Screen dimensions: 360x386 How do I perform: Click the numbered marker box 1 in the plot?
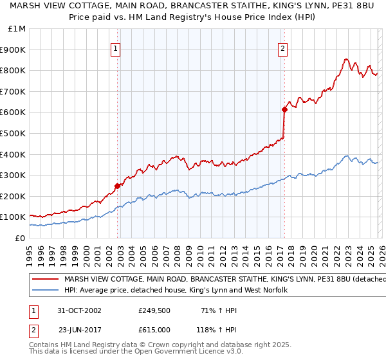coord(115,47)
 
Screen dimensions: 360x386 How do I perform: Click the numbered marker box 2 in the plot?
coord(282,47)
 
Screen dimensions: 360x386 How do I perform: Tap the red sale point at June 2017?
coord(284,109)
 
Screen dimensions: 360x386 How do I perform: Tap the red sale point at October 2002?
coord(118,186)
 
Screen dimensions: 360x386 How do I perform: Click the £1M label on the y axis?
coord(17,28)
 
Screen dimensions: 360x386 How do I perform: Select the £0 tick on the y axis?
coord(21,238)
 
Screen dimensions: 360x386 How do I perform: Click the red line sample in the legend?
coord(46,279)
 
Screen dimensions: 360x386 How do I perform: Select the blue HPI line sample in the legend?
coord(46,291)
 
